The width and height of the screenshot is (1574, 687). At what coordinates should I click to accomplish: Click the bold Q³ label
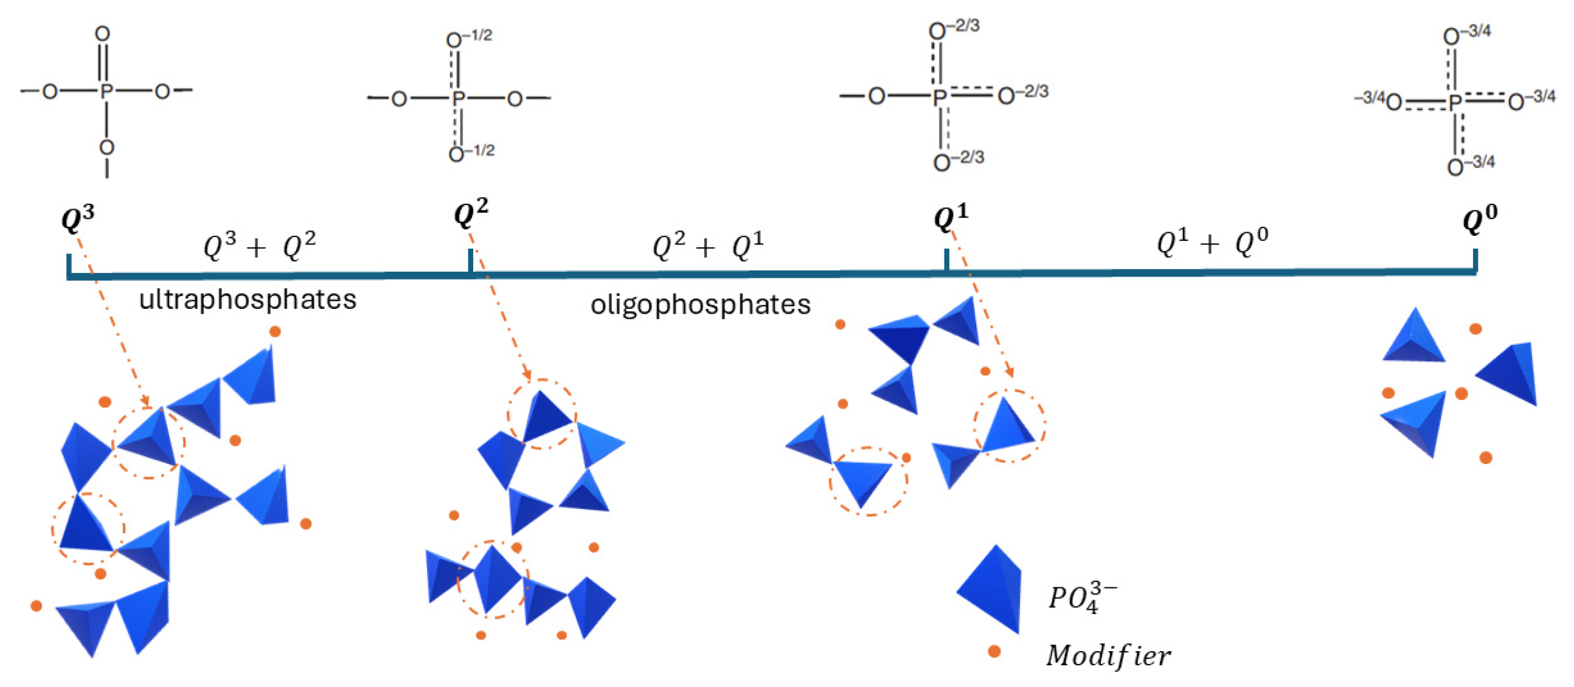pos(78,219)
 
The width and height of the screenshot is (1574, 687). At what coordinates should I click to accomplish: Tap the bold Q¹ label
pos(951,217)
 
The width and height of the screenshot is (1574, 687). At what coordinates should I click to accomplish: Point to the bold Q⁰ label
pos(1480,219)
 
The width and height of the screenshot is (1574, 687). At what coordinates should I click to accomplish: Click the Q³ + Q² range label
pos(260,247)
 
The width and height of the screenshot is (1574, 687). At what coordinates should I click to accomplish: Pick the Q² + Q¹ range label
pos(708,247)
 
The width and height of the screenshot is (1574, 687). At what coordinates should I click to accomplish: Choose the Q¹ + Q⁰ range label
pos(1212,242)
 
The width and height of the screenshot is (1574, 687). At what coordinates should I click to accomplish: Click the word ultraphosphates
pos(248,300)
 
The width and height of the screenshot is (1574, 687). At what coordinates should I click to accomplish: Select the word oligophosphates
pos(700,304)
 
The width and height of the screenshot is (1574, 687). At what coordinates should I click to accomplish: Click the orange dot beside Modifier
pos(994,651)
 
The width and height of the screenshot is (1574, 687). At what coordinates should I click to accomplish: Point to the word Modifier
pos(1108,655)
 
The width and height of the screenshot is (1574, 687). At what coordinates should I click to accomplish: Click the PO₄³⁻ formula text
pos(1082,596)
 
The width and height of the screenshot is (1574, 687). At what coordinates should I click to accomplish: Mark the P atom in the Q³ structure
pos(106,92)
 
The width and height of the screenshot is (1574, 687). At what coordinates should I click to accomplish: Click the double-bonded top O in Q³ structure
pos(103,33)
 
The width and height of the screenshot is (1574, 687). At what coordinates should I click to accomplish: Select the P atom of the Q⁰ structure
pos(1455,102)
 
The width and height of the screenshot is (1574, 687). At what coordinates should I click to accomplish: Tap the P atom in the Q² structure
pos(457,98)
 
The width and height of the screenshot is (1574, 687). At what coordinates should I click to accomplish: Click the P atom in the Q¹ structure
pos(940,96)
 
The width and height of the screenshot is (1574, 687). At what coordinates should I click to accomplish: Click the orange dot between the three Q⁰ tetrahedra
pos(1461,393)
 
